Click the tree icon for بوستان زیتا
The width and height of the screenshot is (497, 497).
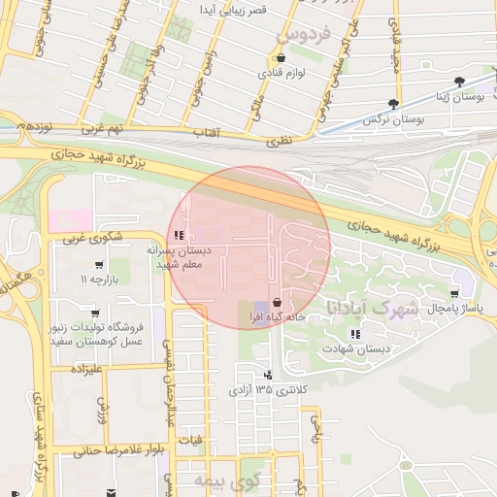click(459, 83)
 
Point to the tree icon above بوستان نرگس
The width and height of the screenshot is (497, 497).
click(392, 103)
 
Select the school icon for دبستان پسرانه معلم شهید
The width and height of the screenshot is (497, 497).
click(177, 235)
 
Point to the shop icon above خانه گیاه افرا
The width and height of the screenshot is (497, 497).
click(279, 302)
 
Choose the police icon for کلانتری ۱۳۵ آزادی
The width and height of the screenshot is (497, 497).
click(268, 375)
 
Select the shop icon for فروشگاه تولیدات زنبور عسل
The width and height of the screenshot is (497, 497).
click(95, 314)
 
